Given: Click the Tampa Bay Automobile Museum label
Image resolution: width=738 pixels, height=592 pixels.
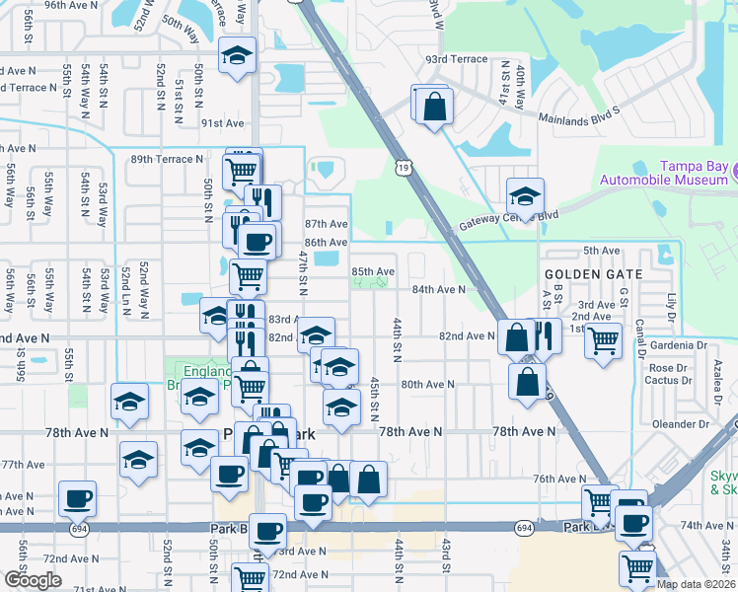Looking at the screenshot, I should click(x=666, y=173).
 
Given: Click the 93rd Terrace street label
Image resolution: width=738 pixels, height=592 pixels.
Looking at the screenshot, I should click(x=456, y=59).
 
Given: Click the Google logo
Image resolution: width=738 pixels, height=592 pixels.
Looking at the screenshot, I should click(x=33, y=579).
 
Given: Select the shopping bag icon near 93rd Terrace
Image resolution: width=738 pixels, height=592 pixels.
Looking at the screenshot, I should click(x=433, y=106).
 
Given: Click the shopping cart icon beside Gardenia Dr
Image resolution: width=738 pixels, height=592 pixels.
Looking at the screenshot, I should click(x=603, y=341).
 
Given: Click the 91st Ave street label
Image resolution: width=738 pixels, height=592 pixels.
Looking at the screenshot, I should click(x=222, y=123).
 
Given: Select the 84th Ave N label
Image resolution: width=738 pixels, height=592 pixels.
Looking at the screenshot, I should click(x=438, y=290).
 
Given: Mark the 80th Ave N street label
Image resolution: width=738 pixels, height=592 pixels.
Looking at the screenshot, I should click(x=427, y=385).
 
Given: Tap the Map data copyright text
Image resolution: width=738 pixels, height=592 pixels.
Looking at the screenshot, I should click(x=696, y=584).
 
